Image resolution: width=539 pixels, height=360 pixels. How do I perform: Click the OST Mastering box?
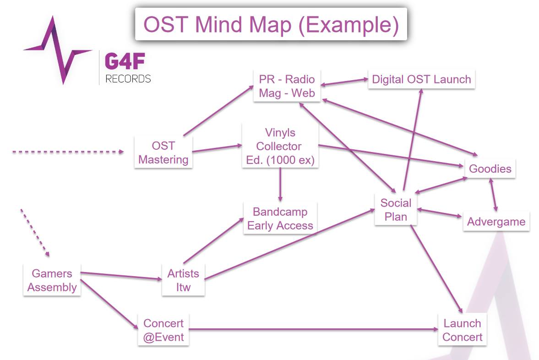click(x=163, y=153)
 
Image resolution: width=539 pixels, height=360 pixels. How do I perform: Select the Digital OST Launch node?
click(x=421, y=79)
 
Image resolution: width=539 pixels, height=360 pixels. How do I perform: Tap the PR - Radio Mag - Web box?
click(x=287, y=86)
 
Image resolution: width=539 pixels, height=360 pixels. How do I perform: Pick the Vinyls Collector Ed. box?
click(x=280, y=147)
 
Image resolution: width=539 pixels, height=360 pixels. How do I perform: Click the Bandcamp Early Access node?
click(x=280, y=219)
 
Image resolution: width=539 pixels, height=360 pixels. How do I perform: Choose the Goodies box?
click(x=490, y=169)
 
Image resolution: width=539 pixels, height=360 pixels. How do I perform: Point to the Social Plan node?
click(x=396, y=210)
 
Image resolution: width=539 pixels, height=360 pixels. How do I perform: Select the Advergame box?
click(x=496, y=222)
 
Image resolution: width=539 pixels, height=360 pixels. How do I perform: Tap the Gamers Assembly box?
click(x=52, y=281)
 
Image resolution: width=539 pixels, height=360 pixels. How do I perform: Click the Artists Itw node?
click(x=183, y=281)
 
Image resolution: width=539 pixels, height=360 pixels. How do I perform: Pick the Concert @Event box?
click(x=163, y=330)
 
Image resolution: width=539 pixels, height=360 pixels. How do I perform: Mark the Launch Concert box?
click(x=463, y=330)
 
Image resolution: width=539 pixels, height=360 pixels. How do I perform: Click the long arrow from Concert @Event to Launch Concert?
click(x=311, y=329)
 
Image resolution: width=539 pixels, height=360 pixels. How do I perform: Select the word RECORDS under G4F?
click(x=128, y=79)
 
